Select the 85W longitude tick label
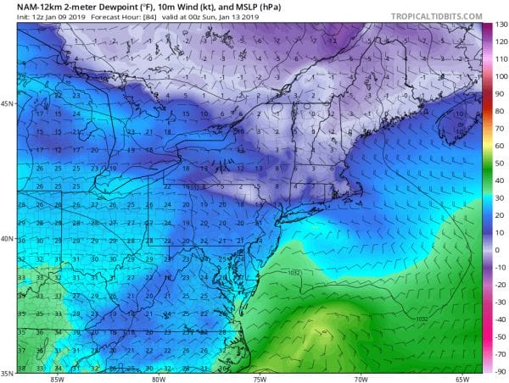point(57,378)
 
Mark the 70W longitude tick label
point(361,378)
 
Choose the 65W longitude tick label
point(462,378)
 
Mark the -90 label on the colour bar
point(500,370)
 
